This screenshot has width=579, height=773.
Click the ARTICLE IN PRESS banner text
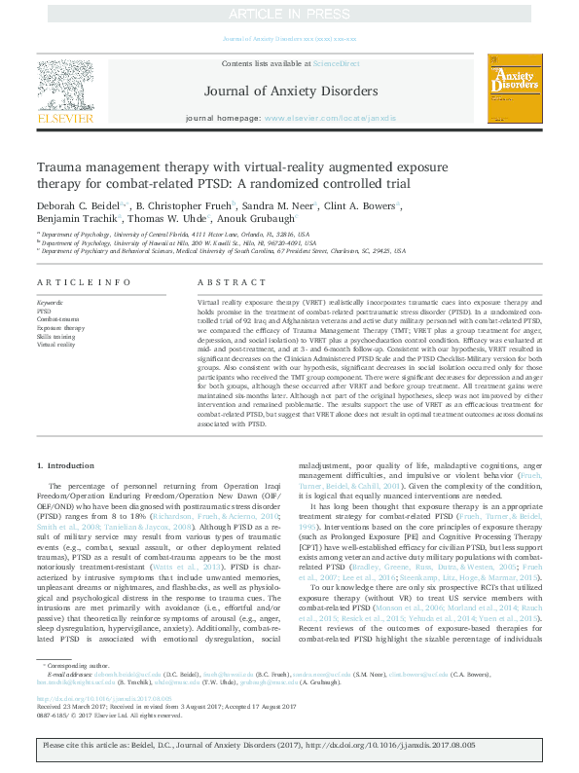(x=289, y=14)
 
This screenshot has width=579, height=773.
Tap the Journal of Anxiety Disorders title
(x=290, y=92)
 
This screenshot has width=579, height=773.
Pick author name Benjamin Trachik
(x=71, y=219)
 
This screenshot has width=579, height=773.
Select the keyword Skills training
(x=54, y=337)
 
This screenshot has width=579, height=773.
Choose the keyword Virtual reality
(x=55, y=346)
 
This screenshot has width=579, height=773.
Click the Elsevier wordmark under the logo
(x=65, y=117)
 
